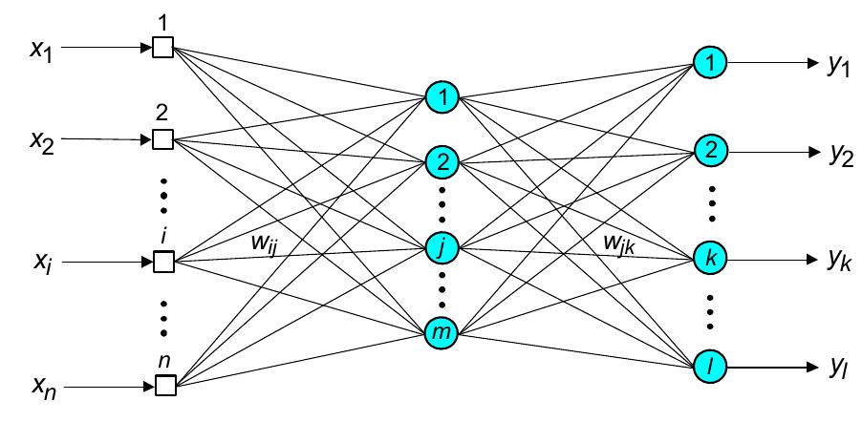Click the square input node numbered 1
coord(163,47)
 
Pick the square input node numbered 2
coord(163,139)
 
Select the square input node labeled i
coord(163,261)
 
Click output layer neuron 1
coord(710,62)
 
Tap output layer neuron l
coord(710,365)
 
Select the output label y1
coord(840,66)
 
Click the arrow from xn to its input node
coord(106,387)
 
